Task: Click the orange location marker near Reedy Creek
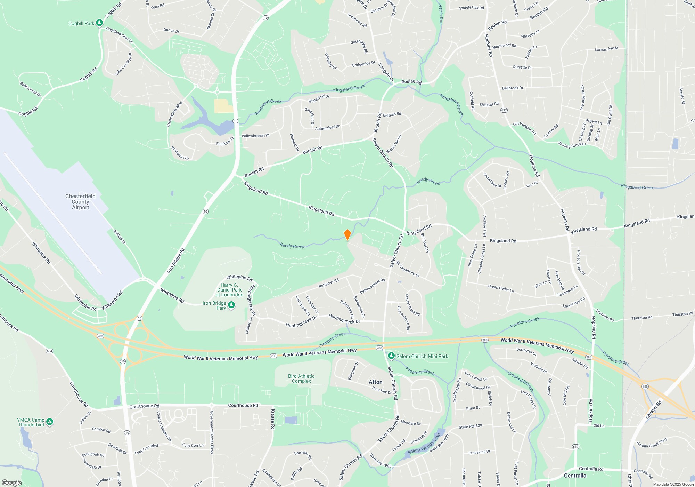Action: coord(347,235)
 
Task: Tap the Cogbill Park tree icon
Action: coord(99,23)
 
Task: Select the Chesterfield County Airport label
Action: coord(80,202)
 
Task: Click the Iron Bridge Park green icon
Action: coord(231,305)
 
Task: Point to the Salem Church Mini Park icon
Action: coord(391,356)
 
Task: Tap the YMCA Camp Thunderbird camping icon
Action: coord(50,422)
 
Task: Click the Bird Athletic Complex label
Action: coord(301,378)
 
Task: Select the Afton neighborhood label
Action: coord(375,382)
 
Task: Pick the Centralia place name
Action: coord(575,476)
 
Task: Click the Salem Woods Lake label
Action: coord(424,444)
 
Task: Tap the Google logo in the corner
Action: coord(12,482)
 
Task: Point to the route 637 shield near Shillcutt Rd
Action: coord(504,110)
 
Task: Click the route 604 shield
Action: coord(49,351)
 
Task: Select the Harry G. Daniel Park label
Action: coord(229,290)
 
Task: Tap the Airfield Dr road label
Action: coord(120,237)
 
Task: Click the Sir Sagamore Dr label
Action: coord(408,269)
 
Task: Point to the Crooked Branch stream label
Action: coord(520,381)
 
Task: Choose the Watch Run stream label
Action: coord(440,14)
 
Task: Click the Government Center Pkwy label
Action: coord(211,432)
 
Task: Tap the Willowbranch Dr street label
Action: coord(255,136)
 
